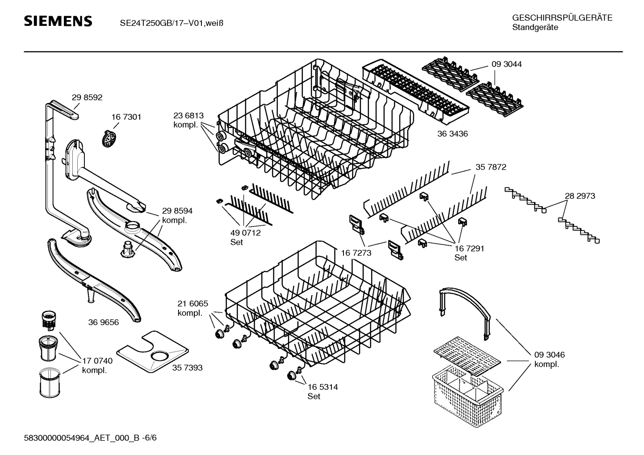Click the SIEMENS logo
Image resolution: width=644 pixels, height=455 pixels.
[58, 21]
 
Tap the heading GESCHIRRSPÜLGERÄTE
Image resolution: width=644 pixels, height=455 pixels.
[562, 18]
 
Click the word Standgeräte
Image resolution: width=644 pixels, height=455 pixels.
[535, 28]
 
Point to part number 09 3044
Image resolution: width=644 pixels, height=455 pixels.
[506, 64]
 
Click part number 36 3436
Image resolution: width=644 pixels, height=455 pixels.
[452, 134]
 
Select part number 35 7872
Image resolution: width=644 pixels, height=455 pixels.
[491, 167]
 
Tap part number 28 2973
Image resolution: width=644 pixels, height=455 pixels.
[580, 196]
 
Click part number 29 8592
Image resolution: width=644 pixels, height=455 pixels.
[87, 97]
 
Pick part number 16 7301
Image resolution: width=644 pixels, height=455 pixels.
[126, 117]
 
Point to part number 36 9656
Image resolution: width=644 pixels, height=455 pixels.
[104, 322]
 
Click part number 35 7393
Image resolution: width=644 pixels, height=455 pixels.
[187, 367]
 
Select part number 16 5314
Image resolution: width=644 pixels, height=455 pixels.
[322, 387]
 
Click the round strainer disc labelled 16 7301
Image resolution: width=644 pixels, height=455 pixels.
[110, 139]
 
